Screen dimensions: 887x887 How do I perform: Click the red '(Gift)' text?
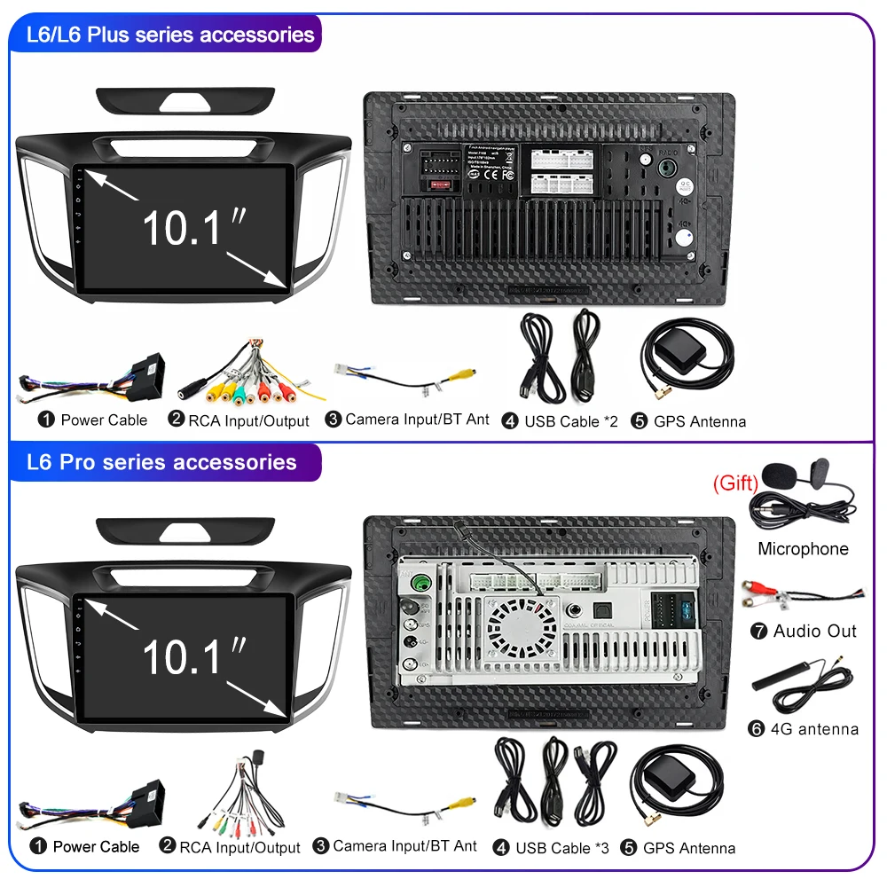[x=735, y=483]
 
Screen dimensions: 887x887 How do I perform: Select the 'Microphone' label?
[x=803, y=549]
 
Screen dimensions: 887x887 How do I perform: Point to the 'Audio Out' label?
[x=814, y=631]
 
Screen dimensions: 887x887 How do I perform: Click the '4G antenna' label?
[x=814, y=729]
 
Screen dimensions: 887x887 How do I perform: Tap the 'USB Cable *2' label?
[x=570, y=421]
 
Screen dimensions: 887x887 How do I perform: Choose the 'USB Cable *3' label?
[x=562, y=848]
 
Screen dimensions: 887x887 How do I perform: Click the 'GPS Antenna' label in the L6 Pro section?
[x=689, y=848]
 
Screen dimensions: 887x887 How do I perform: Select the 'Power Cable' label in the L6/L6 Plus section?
[x=104, y=420]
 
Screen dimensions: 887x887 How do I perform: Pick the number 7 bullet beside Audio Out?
[x=758, y=632]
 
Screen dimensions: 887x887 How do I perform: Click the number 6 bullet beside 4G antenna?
[x=757, y=729]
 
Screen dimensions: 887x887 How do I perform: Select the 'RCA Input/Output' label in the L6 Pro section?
[x=239, y=848]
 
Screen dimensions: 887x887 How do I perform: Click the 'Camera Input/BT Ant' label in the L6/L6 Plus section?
[x=417, y=420]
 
